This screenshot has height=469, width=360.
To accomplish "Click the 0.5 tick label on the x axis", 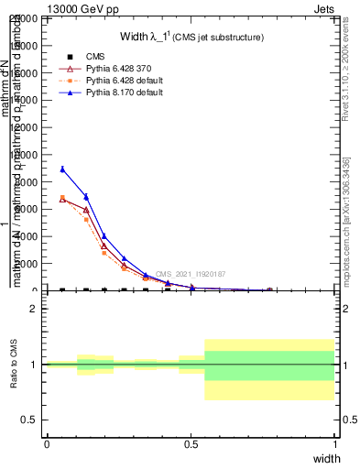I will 191,443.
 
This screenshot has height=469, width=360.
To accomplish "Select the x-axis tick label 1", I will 334,443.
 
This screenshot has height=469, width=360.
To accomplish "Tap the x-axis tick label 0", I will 47,443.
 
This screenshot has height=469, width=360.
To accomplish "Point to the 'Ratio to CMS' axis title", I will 14,365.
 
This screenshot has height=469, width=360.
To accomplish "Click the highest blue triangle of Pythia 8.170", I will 62,169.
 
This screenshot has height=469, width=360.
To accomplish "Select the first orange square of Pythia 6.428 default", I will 62,197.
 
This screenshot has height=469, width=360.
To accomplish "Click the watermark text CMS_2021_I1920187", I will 190,274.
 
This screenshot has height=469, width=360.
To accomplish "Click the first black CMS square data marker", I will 62,290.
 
